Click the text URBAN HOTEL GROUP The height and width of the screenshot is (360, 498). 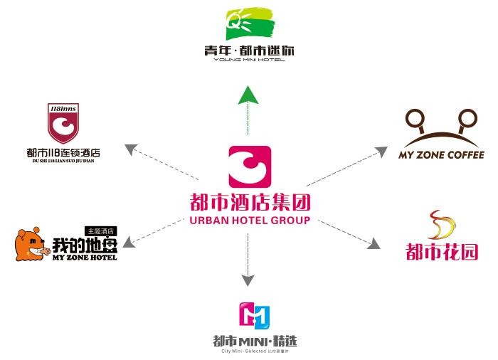(x=250, y=221)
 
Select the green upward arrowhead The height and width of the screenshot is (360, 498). (x=248, y=94)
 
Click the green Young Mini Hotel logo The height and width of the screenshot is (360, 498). (x=249, y=23)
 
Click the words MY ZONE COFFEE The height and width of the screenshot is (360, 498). (x=441, y=155)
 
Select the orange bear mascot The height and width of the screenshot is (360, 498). (x=32, y=245)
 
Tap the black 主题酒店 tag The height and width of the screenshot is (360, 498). (x=100, y=231)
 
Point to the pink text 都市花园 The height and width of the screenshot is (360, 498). (x=442, y=251)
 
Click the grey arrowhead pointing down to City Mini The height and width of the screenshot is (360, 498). (x=248, y=280)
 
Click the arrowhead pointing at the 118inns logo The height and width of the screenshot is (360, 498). (x=130, y=149)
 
